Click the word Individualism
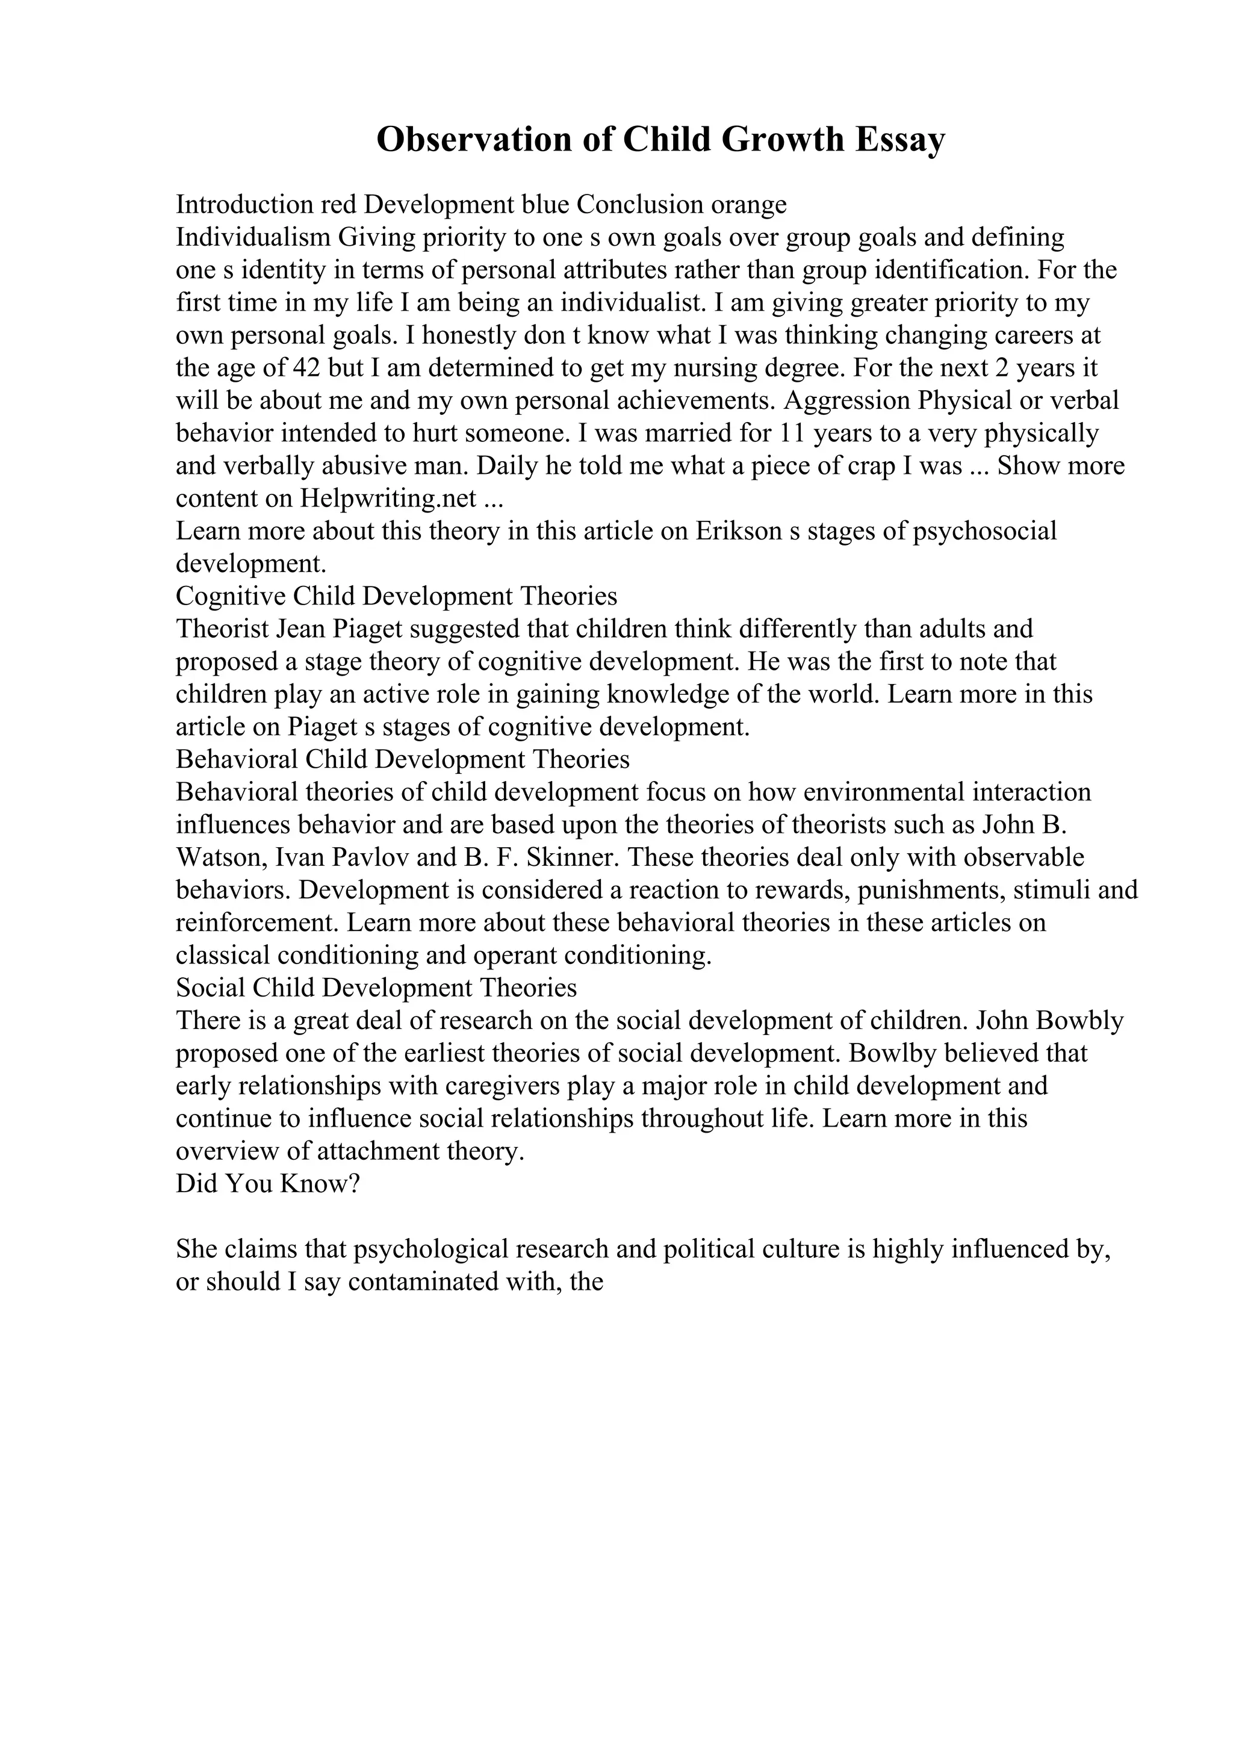coord(253,237)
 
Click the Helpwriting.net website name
coord(388,499)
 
